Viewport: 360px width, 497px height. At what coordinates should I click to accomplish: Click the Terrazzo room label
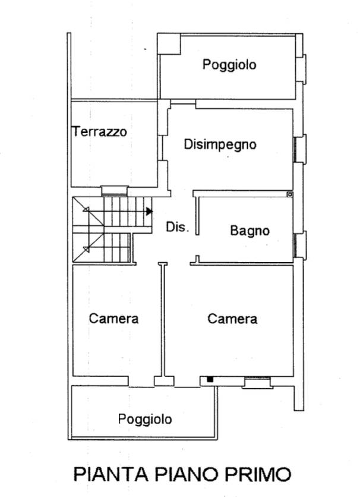pyautogui.click(x=100, y=131)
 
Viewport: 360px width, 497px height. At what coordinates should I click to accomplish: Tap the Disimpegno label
pyautogui.click(x=220, y=144)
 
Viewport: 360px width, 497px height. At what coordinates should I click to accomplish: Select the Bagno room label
pyautogui.click(x=250, y=231)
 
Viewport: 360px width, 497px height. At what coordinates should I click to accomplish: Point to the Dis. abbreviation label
pyautogui.click(x=177, y=227)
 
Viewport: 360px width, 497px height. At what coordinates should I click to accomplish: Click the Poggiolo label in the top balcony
pyautogui.click(x=229, y=65)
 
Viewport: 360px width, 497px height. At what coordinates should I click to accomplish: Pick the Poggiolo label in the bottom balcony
pyautogui.click(x=145, y=419)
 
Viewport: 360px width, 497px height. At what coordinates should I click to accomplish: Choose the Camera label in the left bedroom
pyautogui.click(x=113, y=319)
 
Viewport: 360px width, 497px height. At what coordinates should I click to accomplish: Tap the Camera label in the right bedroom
pyautogui.click(x=232, y=319)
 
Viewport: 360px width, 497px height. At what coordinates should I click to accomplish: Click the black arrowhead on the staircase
pyautogui.click(x=150, y=212)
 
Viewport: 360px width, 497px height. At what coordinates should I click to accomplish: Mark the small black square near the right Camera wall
pyautogui.click(x=210, y=379)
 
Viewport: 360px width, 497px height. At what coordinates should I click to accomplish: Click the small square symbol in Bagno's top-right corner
pyautogui.click(x=290, y=194)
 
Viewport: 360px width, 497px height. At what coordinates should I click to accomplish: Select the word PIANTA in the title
pyautogui.click(x=111, y=474)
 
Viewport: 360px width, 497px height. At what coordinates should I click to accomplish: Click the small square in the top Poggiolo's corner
pyautogui.click(x=169, y=43)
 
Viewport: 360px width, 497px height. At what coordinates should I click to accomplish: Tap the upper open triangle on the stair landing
pyautogui.click(x=86, y=209)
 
